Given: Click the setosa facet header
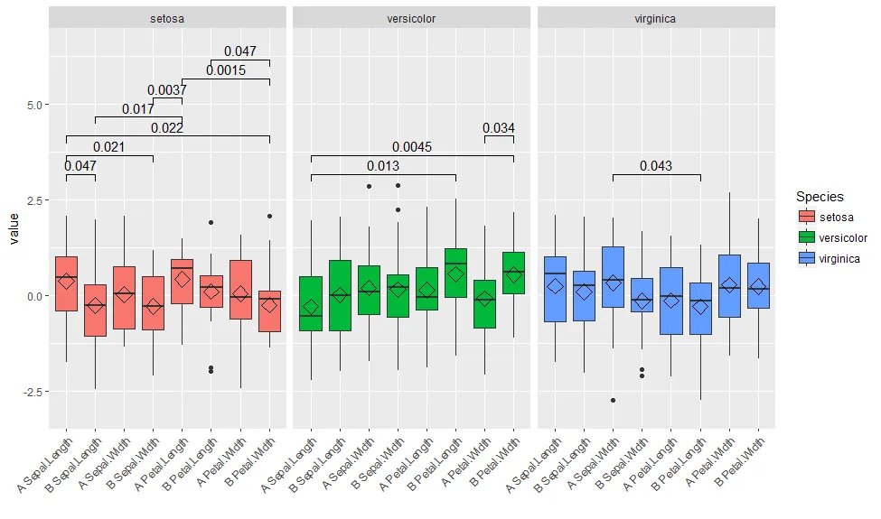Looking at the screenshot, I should pyautogui.click(x=167, y=17).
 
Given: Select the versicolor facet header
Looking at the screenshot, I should pyautogui.click(x=412, y=17).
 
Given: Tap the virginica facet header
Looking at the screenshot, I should pyautogui.click(x=655, y=17).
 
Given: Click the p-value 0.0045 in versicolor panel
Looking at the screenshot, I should pyautogui.click(x=412, y=147).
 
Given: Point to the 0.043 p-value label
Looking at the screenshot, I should pyautogui.click(x=656, y=166).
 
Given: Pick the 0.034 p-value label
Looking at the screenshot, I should pyautogui.click(x=499, y=128).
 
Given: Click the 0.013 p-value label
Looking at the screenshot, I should pyautogui.click(x=383, y=166).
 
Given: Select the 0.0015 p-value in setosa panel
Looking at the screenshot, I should pyautogui.click(x=226, y=70).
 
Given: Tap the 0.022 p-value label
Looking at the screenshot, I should pyautogui.click(x=167, y=128).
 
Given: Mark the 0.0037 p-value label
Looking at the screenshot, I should pyautogui.click(x=167, y=90).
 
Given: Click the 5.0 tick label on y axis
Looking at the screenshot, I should pyautogui.click(x=32, y=105).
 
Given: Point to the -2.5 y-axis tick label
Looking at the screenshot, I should pyautogui.click(x=29, y=392).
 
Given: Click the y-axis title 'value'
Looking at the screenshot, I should pyautogui.click(x=13, y=229).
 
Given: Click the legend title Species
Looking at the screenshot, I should pyautogui.click(x=820, y=196).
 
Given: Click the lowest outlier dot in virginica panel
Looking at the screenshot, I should pyautogui.click(x=613, y=400).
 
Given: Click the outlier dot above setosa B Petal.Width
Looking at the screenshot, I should pyautogui.click(x=269, y=216).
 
